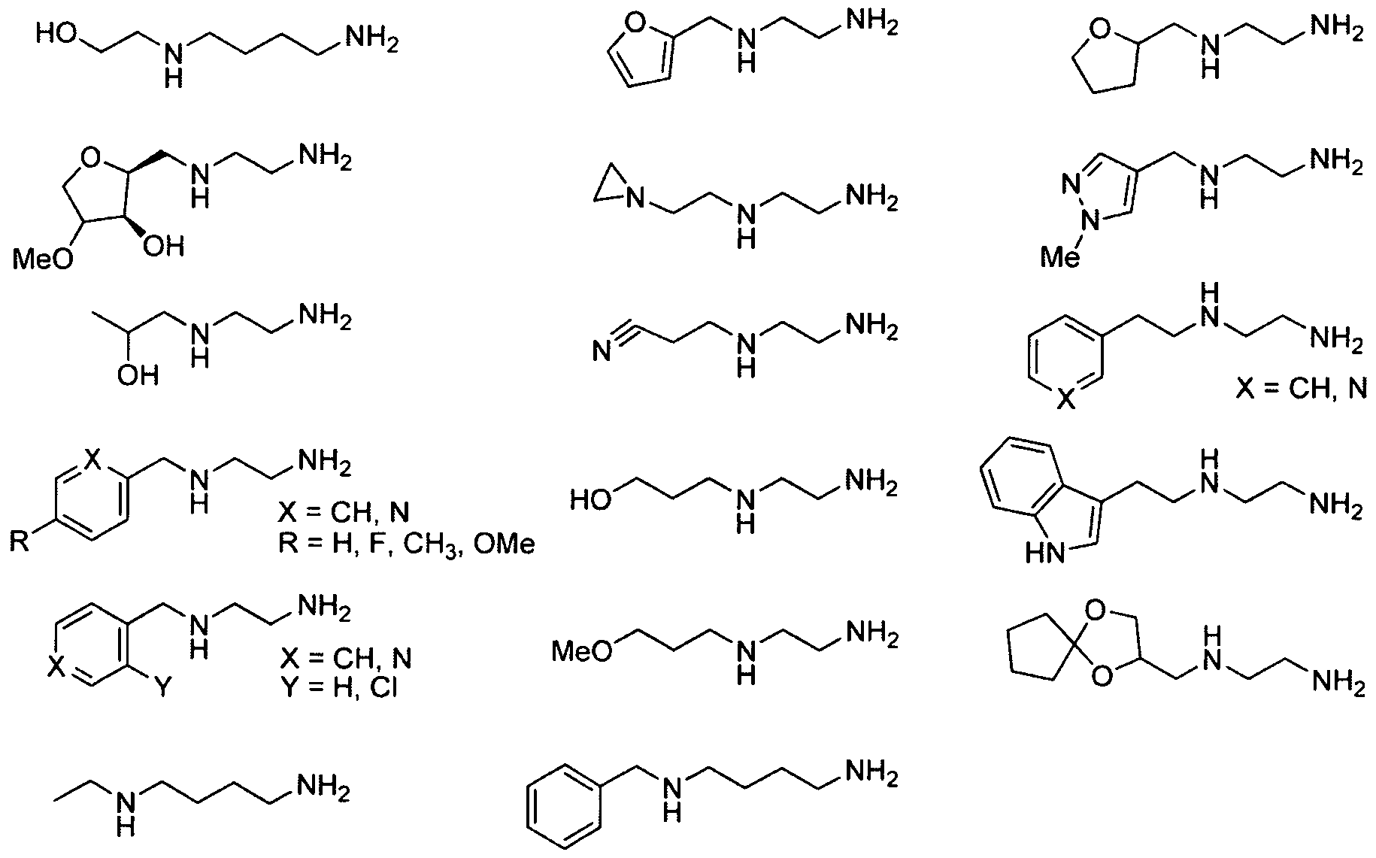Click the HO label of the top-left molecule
pos(55,35)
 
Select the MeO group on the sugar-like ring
pos(44,259)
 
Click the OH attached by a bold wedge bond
pos(162,246)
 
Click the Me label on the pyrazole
pos(1060,258)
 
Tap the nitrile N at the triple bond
pos(601,351)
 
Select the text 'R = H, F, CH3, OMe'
pos(406,543)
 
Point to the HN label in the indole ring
pos(1044,554)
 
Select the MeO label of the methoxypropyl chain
pos(581,651)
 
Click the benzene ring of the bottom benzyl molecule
pos(563,810)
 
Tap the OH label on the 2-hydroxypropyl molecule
pos(138,374)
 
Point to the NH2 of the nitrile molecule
pos(871,327)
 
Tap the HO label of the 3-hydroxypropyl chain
pos(589,499)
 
